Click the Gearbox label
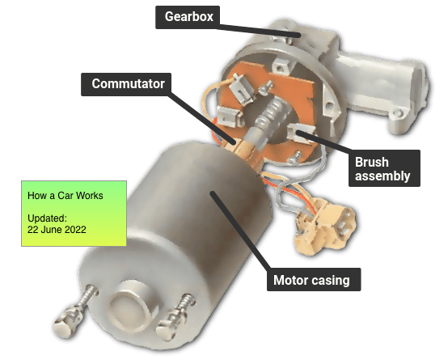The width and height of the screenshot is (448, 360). coord(188,17)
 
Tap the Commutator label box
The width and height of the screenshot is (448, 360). coord(126,84)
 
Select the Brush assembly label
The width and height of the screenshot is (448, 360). coord(384,168)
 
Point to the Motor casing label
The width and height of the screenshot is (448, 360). coord(314,280)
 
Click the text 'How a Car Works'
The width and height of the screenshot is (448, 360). coord(66,196)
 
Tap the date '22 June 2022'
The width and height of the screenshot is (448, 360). coord(57,230)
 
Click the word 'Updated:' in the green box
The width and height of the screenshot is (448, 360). coord(47,218)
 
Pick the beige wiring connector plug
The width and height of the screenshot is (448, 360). coord(326,228)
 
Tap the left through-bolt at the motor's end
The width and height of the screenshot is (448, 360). coord(75,311)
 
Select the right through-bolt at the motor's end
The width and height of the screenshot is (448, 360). coord(176,318)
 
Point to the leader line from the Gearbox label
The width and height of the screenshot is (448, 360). coord(259,31)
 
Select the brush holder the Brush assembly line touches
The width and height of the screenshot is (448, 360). coord(300,133)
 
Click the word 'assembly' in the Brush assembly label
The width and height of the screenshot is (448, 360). coord(382,176)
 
